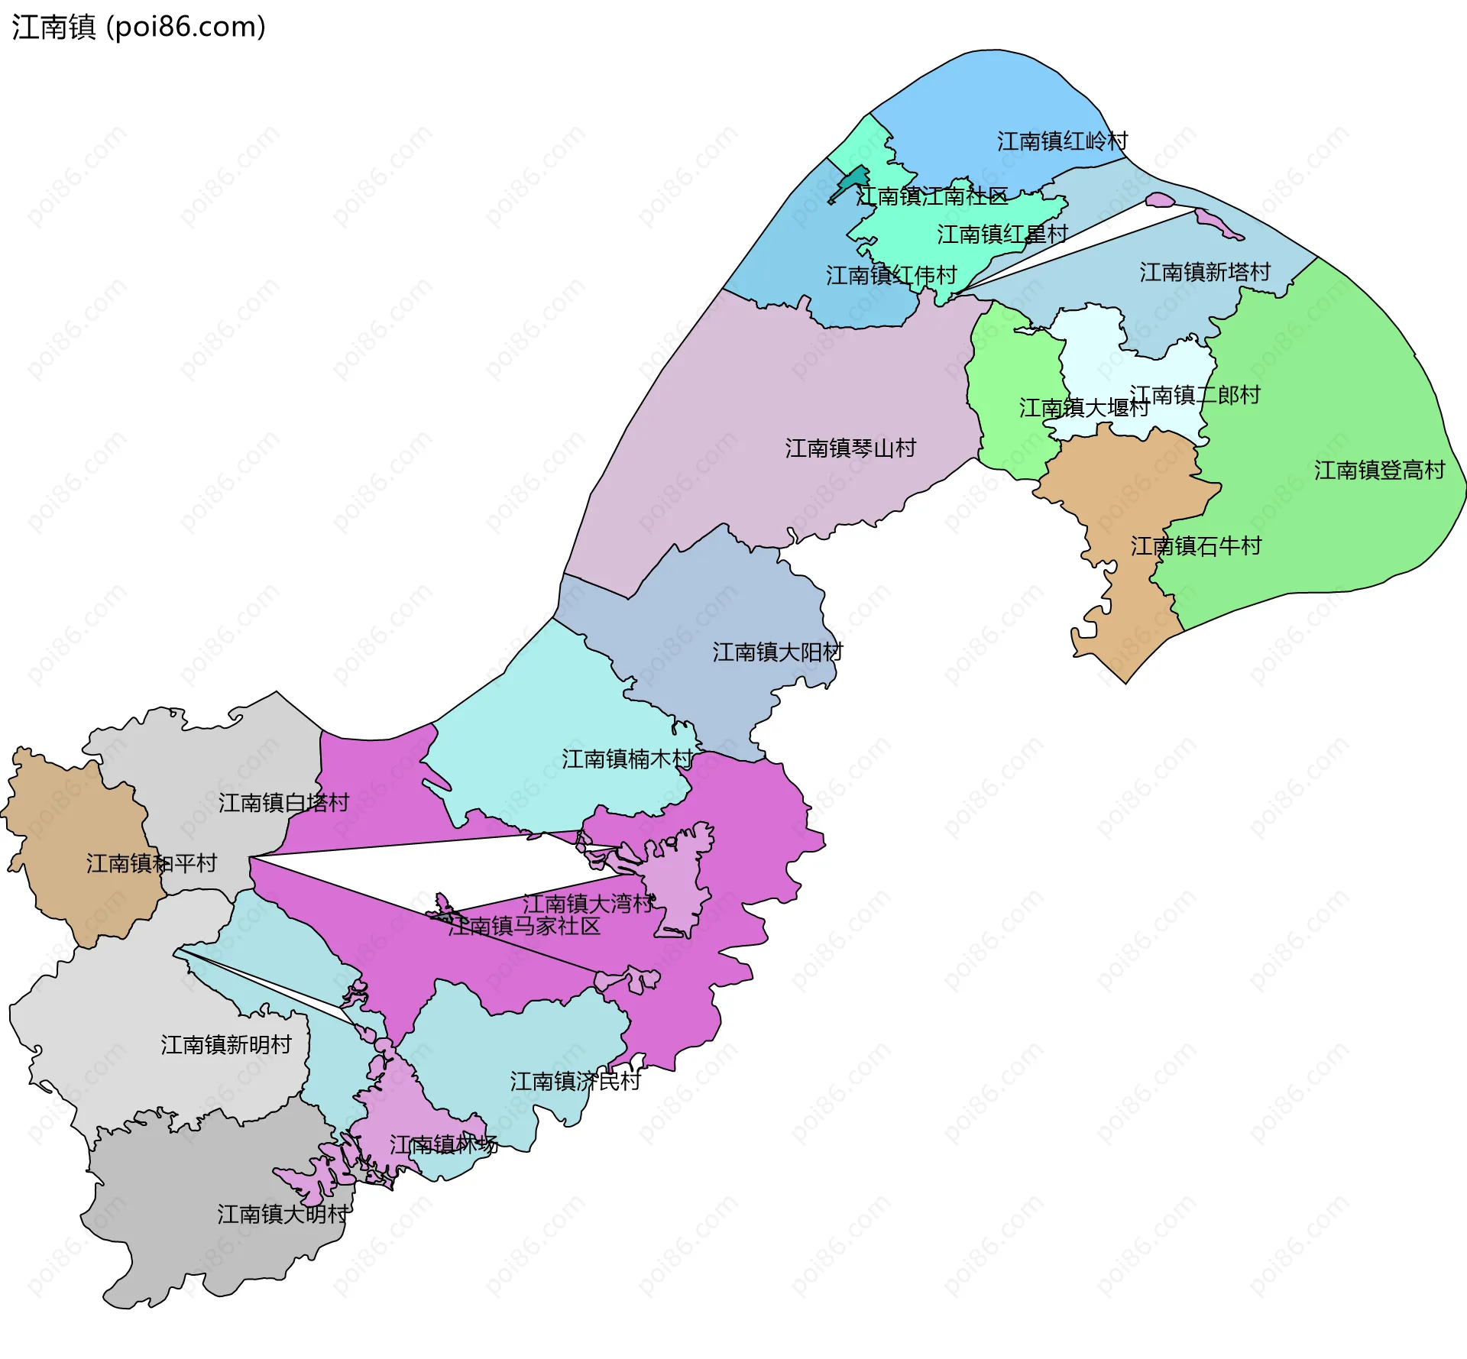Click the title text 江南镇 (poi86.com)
point(138,28)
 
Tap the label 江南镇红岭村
point(1062,141)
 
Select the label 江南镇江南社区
point(931,196)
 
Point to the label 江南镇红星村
point(1002,235)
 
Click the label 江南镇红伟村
point(891,276)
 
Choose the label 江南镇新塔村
point(1205,272)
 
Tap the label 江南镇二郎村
point(1195,395)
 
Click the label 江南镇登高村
point(1379,470)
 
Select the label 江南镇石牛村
point(1196,546)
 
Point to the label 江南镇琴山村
point(850,448)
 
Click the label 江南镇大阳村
point(778,652)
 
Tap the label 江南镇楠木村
point(627,759)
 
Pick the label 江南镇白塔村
point(283,803)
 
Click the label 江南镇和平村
point(151,863)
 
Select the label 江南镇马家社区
point(524,927)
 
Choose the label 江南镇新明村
point(226,1045)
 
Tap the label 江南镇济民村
point(575,1082)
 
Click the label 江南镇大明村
point(283,1215)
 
